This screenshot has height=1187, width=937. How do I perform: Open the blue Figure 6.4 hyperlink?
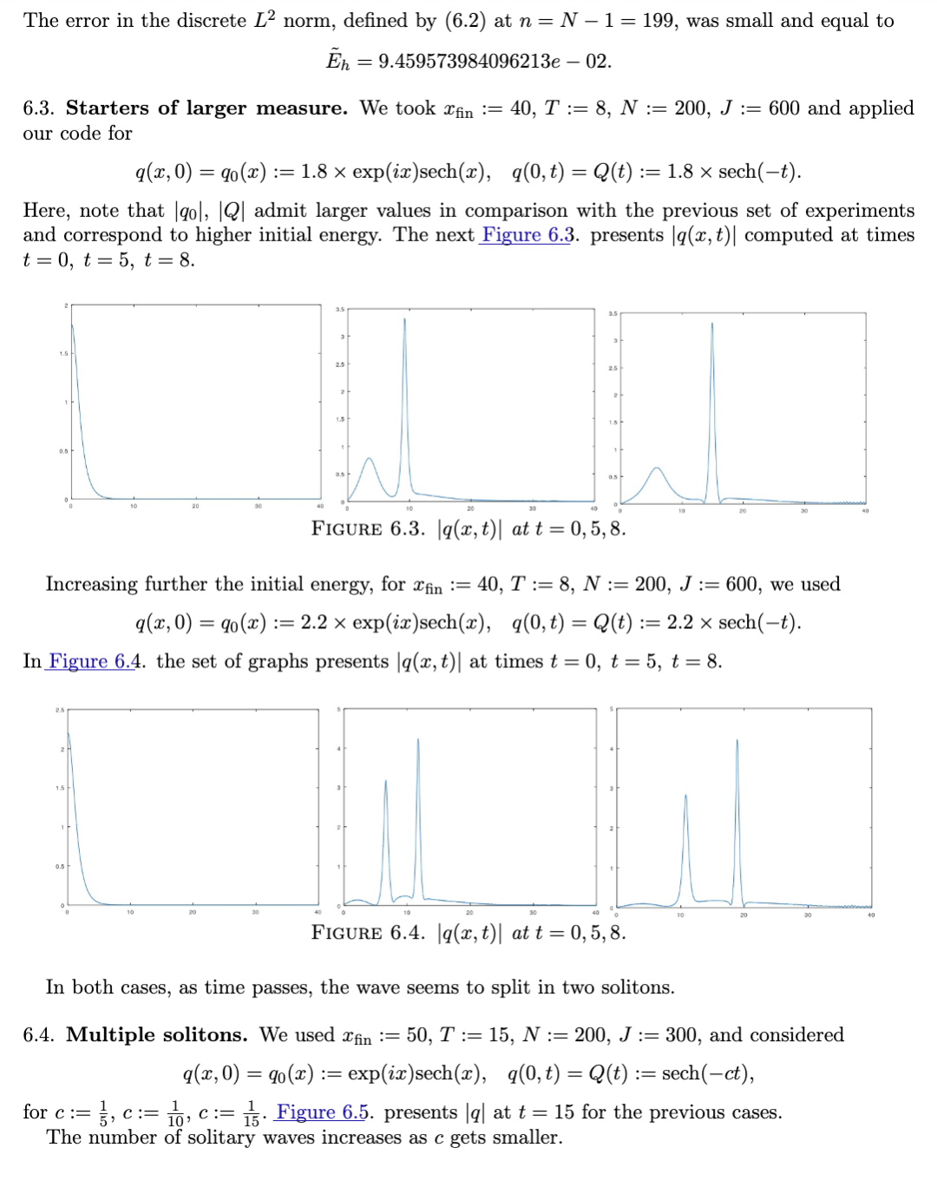pos(93,661)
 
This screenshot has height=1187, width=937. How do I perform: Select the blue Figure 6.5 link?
pos(322,1112)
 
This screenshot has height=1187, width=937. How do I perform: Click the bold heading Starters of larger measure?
pos(206,108)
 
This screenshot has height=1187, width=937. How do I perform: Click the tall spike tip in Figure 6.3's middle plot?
pos(404,319)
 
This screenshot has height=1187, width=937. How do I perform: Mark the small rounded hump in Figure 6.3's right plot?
pos(657,469)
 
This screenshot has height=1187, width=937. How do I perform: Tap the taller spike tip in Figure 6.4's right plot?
pos(737,740)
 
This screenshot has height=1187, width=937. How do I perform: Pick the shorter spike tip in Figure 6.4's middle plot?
pos(385,781)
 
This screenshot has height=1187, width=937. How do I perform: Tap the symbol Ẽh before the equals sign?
pos(337,61)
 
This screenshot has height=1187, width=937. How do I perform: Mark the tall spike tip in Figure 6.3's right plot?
pos(712,324)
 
